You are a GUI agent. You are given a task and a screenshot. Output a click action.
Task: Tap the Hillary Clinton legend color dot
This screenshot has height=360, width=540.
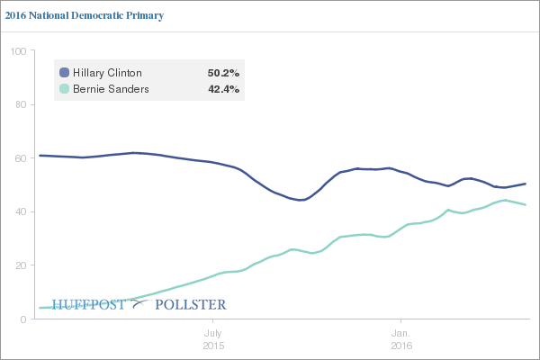(x=64, y=72)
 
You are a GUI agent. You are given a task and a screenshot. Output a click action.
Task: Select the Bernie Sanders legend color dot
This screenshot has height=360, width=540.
(x=64, y=89)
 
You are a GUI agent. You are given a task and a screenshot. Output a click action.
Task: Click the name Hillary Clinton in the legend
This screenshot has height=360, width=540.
(x=107, y=72)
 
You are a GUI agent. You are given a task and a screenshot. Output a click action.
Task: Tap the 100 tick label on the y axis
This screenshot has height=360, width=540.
(x=17, y=51)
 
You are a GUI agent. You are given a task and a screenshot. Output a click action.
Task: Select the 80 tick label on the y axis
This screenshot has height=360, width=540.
(x=20, y=104)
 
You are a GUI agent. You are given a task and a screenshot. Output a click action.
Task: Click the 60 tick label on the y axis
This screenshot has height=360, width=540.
(x=20, y=158)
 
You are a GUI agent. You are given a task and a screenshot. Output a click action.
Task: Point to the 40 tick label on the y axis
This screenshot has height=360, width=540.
(x=20, y=212)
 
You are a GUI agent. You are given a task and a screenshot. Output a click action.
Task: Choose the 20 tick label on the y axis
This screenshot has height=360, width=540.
(x=20, y=265)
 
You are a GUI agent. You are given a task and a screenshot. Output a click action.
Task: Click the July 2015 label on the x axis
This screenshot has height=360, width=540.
(x=213, y=339)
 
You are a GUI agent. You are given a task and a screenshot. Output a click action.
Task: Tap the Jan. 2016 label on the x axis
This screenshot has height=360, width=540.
(x=400, y=339)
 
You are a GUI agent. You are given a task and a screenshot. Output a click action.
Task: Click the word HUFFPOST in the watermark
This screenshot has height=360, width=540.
(x=91, y=304)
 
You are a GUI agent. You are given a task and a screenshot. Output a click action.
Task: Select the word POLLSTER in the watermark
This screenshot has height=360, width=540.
(x=191, y=304)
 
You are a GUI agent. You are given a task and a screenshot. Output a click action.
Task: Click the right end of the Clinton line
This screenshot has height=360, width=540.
(x=526, y=184)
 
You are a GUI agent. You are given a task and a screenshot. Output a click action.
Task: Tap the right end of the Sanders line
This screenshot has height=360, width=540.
(x=526, y=205)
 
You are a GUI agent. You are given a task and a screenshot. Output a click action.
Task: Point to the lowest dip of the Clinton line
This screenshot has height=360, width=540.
(x=301, y=200)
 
